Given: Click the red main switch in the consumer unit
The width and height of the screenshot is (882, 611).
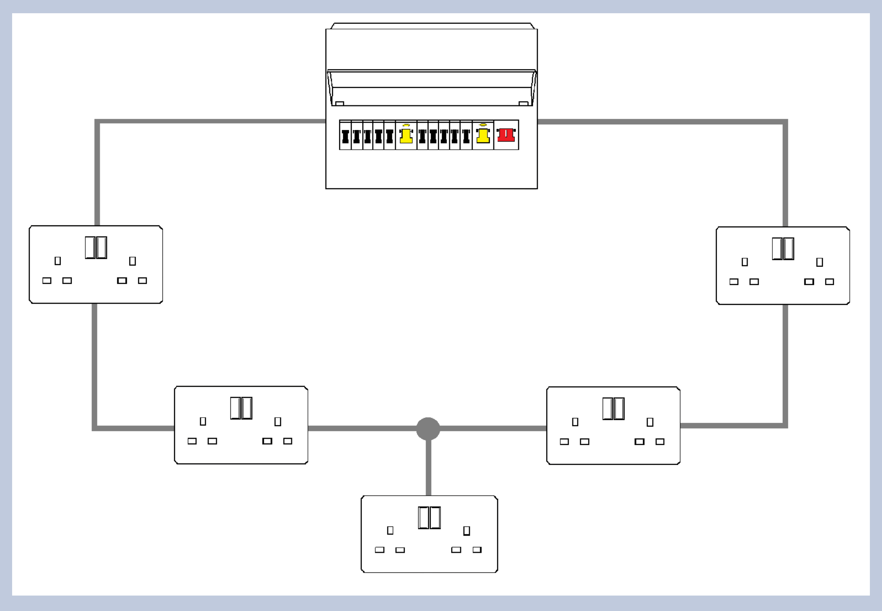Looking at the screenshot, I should pos(506,135).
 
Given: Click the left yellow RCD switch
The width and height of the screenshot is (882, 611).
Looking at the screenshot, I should pos(406,136).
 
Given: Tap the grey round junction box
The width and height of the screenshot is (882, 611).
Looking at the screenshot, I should pos(428,429).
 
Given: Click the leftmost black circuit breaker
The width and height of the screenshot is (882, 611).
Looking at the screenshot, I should pos(345,136).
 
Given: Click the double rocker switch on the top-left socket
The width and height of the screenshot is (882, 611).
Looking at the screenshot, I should pos(96,247).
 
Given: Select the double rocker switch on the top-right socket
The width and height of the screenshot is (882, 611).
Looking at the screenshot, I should pos(783,249).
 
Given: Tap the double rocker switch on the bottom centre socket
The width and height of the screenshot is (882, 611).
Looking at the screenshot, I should pos(429,518).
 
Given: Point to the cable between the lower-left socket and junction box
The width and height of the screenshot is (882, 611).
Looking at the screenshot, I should pos(362,428).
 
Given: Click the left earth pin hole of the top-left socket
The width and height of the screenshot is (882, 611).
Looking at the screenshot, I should pos(58,261).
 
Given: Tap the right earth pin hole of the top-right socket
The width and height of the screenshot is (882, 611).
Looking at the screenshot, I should pos(820,262).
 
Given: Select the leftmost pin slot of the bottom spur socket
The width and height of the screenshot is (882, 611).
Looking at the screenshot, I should pos(380,550).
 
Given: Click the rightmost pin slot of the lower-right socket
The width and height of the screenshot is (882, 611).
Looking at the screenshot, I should pos(660,442).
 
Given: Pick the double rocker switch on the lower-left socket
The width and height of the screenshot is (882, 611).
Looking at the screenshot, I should pos(241,408).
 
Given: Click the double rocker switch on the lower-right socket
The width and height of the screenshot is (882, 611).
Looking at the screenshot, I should pos(613,408).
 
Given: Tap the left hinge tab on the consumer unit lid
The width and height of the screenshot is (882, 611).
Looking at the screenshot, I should pos(340,103).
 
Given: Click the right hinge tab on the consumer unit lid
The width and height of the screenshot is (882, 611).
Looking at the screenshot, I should pos(523,103).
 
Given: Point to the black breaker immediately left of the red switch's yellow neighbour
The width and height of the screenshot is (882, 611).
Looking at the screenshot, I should pos(466,136).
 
